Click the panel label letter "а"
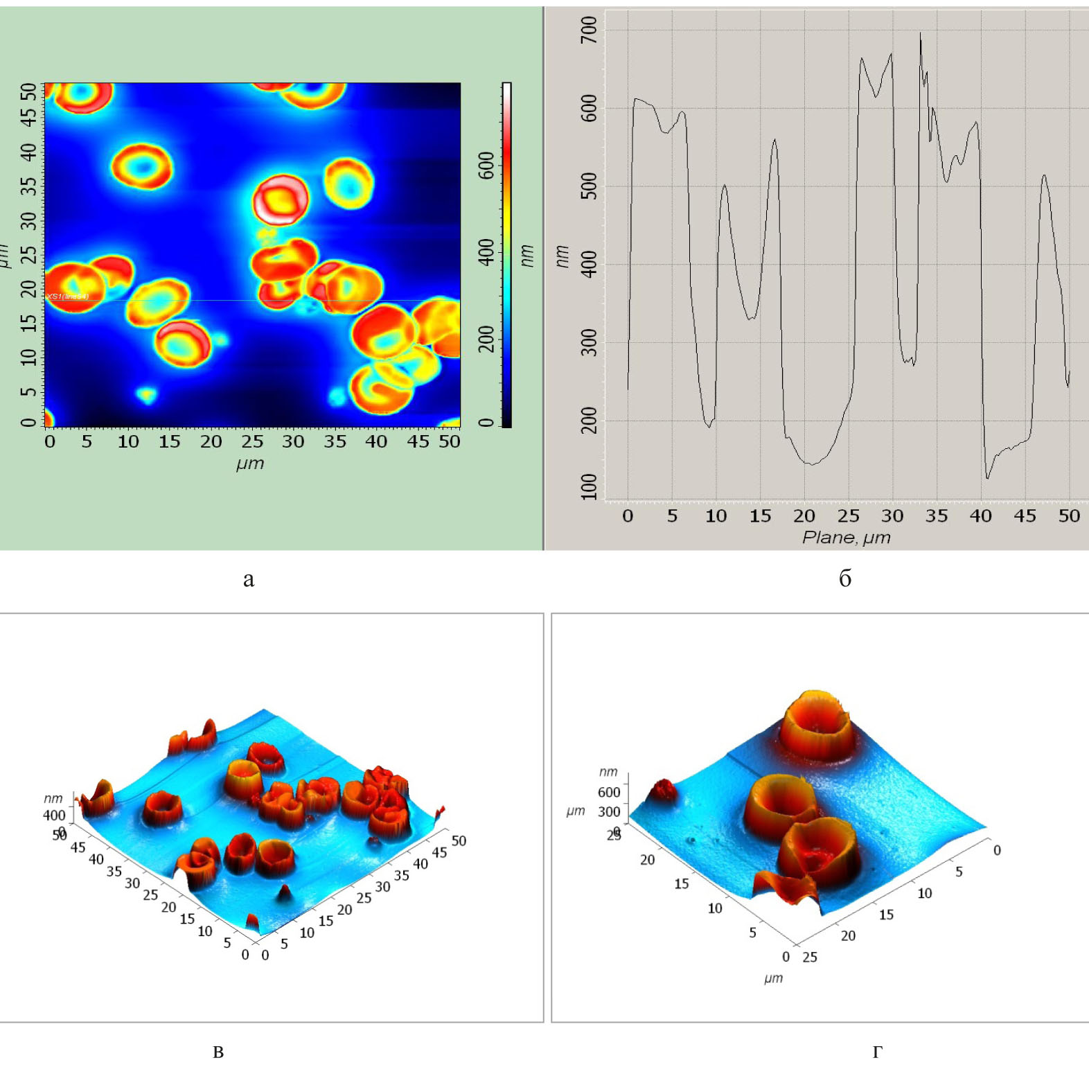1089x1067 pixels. click(249, 579)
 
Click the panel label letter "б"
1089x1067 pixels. click(845, 579)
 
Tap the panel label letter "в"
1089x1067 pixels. click(218, 1052)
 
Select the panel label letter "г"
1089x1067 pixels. click(877, 1052)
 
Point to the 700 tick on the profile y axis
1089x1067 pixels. click(589, 30)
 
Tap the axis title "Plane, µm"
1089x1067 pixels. click(846, 538)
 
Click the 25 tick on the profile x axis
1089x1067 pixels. click(848, 516)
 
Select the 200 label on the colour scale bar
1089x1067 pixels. click(488, 338)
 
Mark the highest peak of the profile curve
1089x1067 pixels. click(920, 33)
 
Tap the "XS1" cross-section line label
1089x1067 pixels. click(68, 297)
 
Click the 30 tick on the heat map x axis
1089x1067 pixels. click(293, 442)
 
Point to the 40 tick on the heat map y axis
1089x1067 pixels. click(28, 151)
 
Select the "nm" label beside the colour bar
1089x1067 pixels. click(528, 255)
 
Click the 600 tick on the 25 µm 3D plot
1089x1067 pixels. click(609, 792)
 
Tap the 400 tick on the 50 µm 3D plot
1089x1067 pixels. click(54, 815)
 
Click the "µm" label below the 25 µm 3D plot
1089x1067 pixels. click(773, 978)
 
